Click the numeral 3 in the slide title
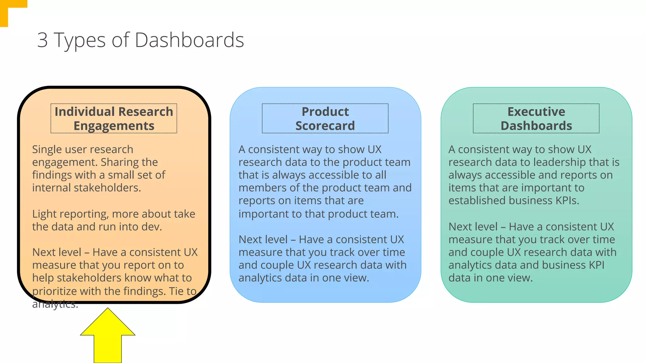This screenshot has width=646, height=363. tap(42, 40)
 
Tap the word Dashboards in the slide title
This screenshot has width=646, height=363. tap(189, 40)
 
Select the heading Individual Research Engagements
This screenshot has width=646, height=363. tap(114, 118)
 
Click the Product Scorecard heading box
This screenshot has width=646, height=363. tap(325, 118)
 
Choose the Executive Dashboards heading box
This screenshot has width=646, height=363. tap(536, 118)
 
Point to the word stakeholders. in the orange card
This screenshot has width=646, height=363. tap(107, 188)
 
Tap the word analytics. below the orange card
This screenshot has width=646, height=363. tap(55, 304)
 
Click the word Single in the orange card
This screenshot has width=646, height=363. tap(46, 149)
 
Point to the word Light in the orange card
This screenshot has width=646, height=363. tap(44, 214)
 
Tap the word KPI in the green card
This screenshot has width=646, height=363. tap(596, 265)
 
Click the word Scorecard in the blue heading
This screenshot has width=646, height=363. tap(325, 126)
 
